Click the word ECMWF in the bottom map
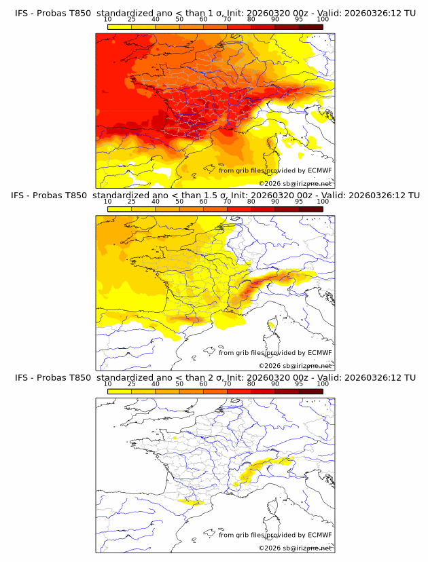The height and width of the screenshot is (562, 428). (320, 534)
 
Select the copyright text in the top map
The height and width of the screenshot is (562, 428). (296, 183)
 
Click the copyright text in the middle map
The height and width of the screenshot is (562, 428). (296, 365)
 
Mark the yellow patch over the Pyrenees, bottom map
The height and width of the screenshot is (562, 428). (191, 502)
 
